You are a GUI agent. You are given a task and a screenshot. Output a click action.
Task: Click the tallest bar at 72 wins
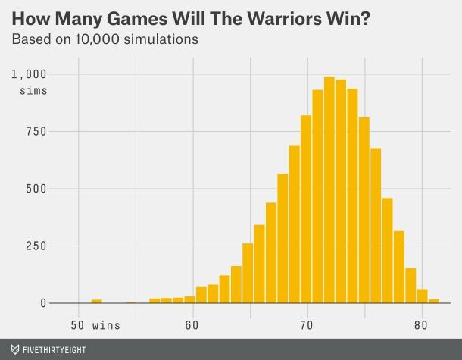point(329,189)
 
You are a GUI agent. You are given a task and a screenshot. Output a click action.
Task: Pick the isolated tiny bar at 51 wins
point(96,301)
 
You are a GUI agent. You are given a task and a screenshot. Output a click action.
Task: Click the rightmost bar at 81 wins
point(434,301)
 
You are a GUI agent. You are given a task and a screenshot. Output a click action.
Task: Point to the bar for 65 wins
point(248,273)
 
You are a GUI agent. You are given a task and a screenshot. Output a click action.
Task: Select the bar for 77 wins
point(387,250)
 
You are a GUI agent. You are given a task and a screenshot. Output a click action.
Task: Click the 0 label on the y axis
point(44,303)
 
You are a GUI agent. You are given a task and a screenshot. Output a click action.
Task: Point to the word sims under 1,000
point(33,91)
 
